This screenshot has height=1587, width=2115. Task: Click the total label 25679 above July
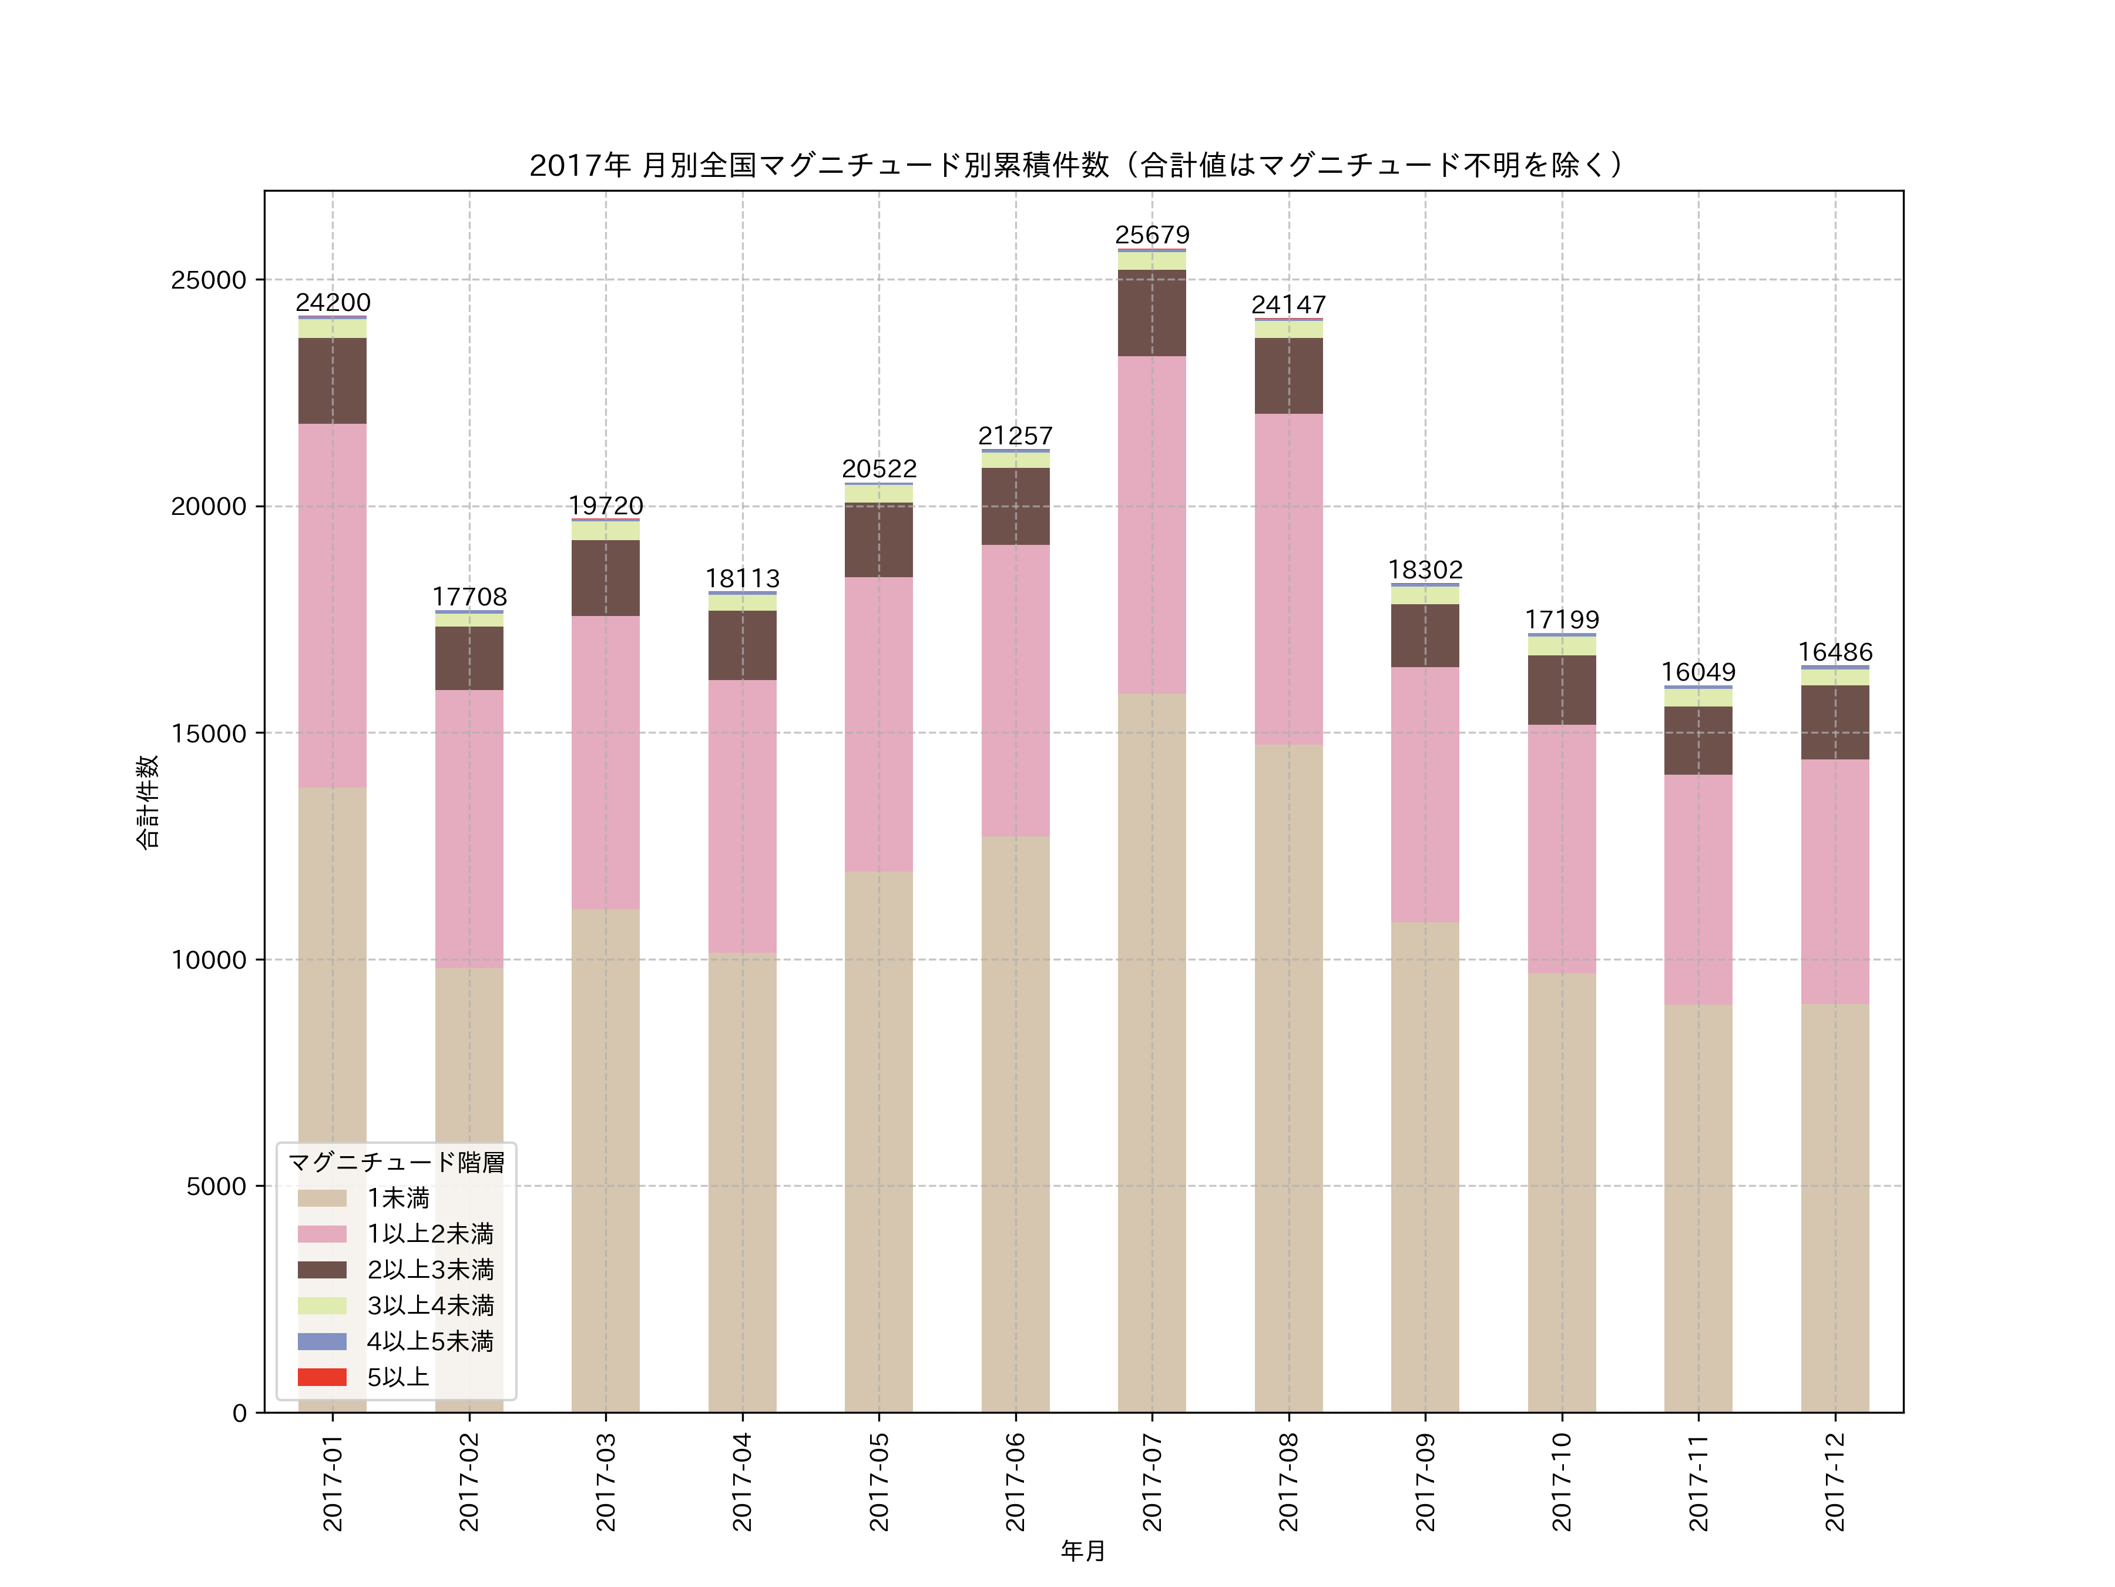(1152, 235)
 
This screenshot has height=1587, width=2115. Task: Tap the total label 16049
(1698, 672)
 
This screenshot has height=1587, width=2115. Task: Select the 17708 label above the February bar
(469, 597)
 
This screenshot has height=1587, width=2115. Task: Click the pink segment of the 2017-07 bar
(1152, 524)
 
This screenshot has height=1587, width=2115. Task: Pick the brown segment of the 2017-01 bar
(333, 381)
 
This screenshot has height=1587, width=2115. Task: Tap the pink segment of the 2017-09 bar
(1425, 794)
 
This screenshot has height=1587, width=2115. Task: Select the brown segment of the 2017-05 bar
(879, 540)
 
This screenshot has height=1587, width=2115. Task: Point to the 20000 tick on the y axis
(209, 507)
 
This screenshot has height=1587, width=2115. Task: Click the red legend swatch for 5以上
(321, 1378)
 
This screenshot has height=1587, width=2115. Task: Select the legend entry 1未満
(398, 1198)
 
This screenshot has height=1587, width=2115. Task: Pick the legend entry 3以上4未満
(430, 1306)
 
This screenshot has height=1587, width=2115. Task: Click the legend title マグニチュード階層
(396, 1162)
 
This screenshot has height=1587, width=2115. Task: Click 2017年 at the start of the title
(579, 166)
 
